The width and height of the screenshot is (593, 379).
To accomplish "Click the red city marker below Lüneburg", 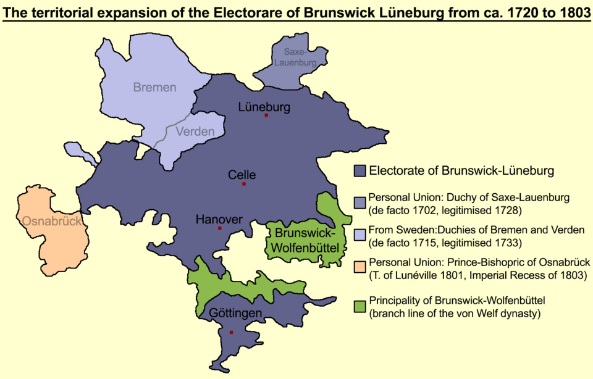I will (266, 115).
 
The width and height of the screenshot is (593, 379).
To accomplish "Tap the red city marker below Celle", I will (244, 184).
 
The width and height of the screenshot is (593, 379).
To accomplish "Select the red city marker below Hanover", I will (220, 228).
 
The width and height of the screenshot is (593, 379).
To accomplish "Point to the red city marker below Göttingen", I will (231, 332).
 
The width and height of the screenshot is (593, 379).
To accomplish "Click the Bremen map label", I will (154, 88).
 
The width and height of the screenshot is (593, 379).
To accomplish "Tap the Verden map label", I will (195, 131).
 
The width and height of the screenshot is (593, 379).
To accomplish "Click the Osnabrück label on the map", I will (52, 221).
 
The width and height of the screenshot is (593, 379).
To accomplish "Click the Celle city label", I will (242, 175).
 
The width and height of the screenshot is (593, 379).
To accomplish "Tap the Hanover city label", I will (219, 219).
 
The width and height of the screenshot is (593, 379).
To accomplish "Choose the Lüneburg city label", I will (264, 107).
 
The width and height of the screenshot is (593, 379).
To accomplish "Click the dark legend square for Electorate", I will (360, 170).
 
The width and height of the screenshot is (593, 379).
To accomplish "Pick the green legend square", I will (360, 306).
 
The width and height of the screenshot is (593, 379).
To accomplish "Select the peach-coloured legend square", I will (360, 267).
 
